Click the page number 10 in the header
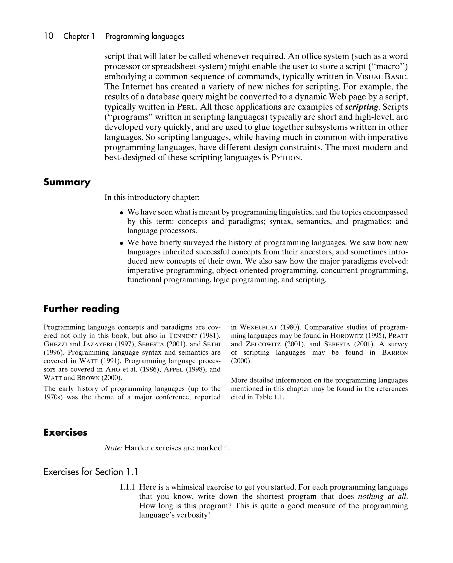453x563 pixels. (49, 36)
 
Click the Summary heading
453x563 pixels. (67, 182)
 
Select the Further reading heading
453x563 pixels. (81, 309)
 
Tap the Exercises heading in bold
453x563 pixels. (65, 432)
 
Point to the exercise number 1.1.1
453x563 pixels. (127, 487)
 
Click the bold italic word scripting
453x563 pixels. (361, 107)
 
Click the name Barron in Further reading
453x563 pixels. (395, 353)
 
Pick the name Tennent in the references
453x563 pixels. (182, 336)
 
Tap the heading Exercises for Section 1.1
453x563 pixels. (91, 472)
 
